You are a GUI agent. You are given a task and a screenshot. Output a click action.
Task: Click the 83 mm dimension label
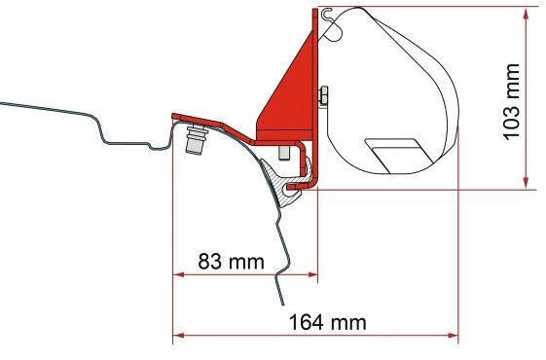tap(232, 261)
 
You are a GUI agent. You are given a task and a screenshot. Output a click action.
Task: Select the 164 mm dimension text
tap(328, 322)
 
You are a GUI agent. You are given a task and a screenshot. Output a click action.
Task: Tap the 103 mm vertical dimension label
tap(512, 101)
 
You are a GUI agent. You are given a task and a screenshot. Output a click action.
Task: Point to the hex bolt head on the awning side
tap(324, 95)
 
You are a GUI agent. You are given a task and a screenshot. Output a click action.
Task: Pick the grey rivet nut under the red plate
tap(196, 139)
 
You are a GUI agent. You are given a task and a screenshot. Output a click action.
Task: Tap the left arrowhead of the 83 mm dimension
tap(179, 274)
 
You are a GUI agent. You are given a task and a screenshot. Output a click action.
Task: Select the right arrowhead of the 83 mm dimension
tap(312, 274)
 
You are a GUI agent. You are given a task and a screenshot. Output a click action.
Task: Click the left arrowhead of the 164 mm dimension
tap(179, 336)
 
